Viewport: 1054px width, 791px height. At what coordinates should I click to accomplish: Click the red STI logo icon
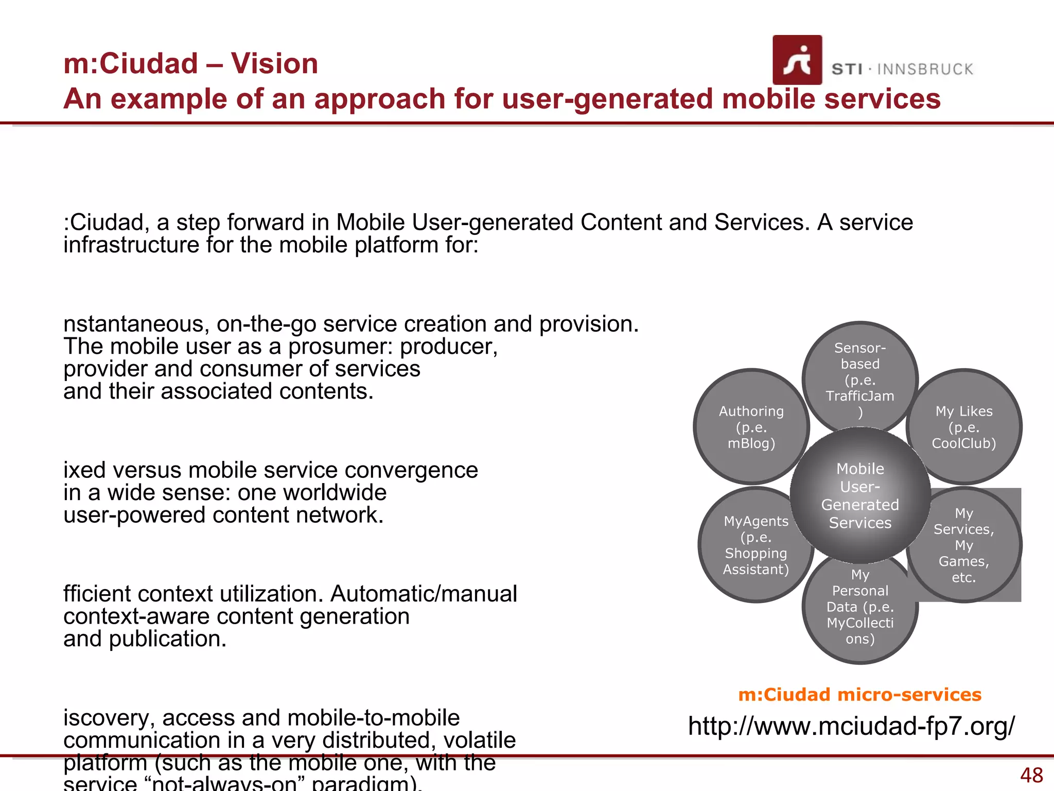click(x=797, y=60)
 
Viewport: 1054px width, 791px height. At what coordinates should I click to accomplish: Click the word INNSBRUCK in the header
click(x=925, y=70)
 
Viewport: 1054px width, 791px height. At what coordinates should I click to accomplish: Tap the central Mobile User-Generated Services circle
click(x=860, y=495)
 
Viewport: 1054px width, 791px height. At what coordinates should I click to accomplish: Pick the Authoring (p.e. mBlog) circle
click(x=751, y=427)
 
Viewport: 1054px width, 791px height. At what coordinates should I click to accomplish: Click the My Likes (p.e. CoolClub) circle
click(x=964, y=427)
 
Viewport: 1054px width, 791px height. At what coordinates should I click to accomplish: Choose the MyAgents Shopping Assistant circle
click(x=756, y=545)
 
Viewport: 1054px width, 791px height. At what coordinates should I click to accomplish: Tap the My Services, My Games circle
click(x=964, y=545)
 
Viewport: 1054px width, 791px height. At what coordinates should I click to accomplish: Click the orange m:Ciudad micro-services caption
click(x=859, y=695)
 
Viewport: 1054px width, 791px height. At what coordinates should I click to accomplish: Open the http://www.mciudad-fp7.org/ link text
click(x=851, y=726)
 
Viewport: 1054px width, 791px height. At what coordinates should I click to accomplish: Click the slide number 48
click(x=1031, y=775)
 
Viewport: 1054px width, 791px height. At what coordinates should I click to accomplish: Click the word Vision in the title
click(x=274, y=64)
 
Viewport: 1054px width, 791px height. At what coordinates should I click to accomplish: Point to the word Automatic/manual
click(x=423, y=594)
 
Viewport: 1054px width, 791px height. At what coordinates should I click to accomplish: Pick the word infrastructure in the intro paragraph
click(x=131, y=245)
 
